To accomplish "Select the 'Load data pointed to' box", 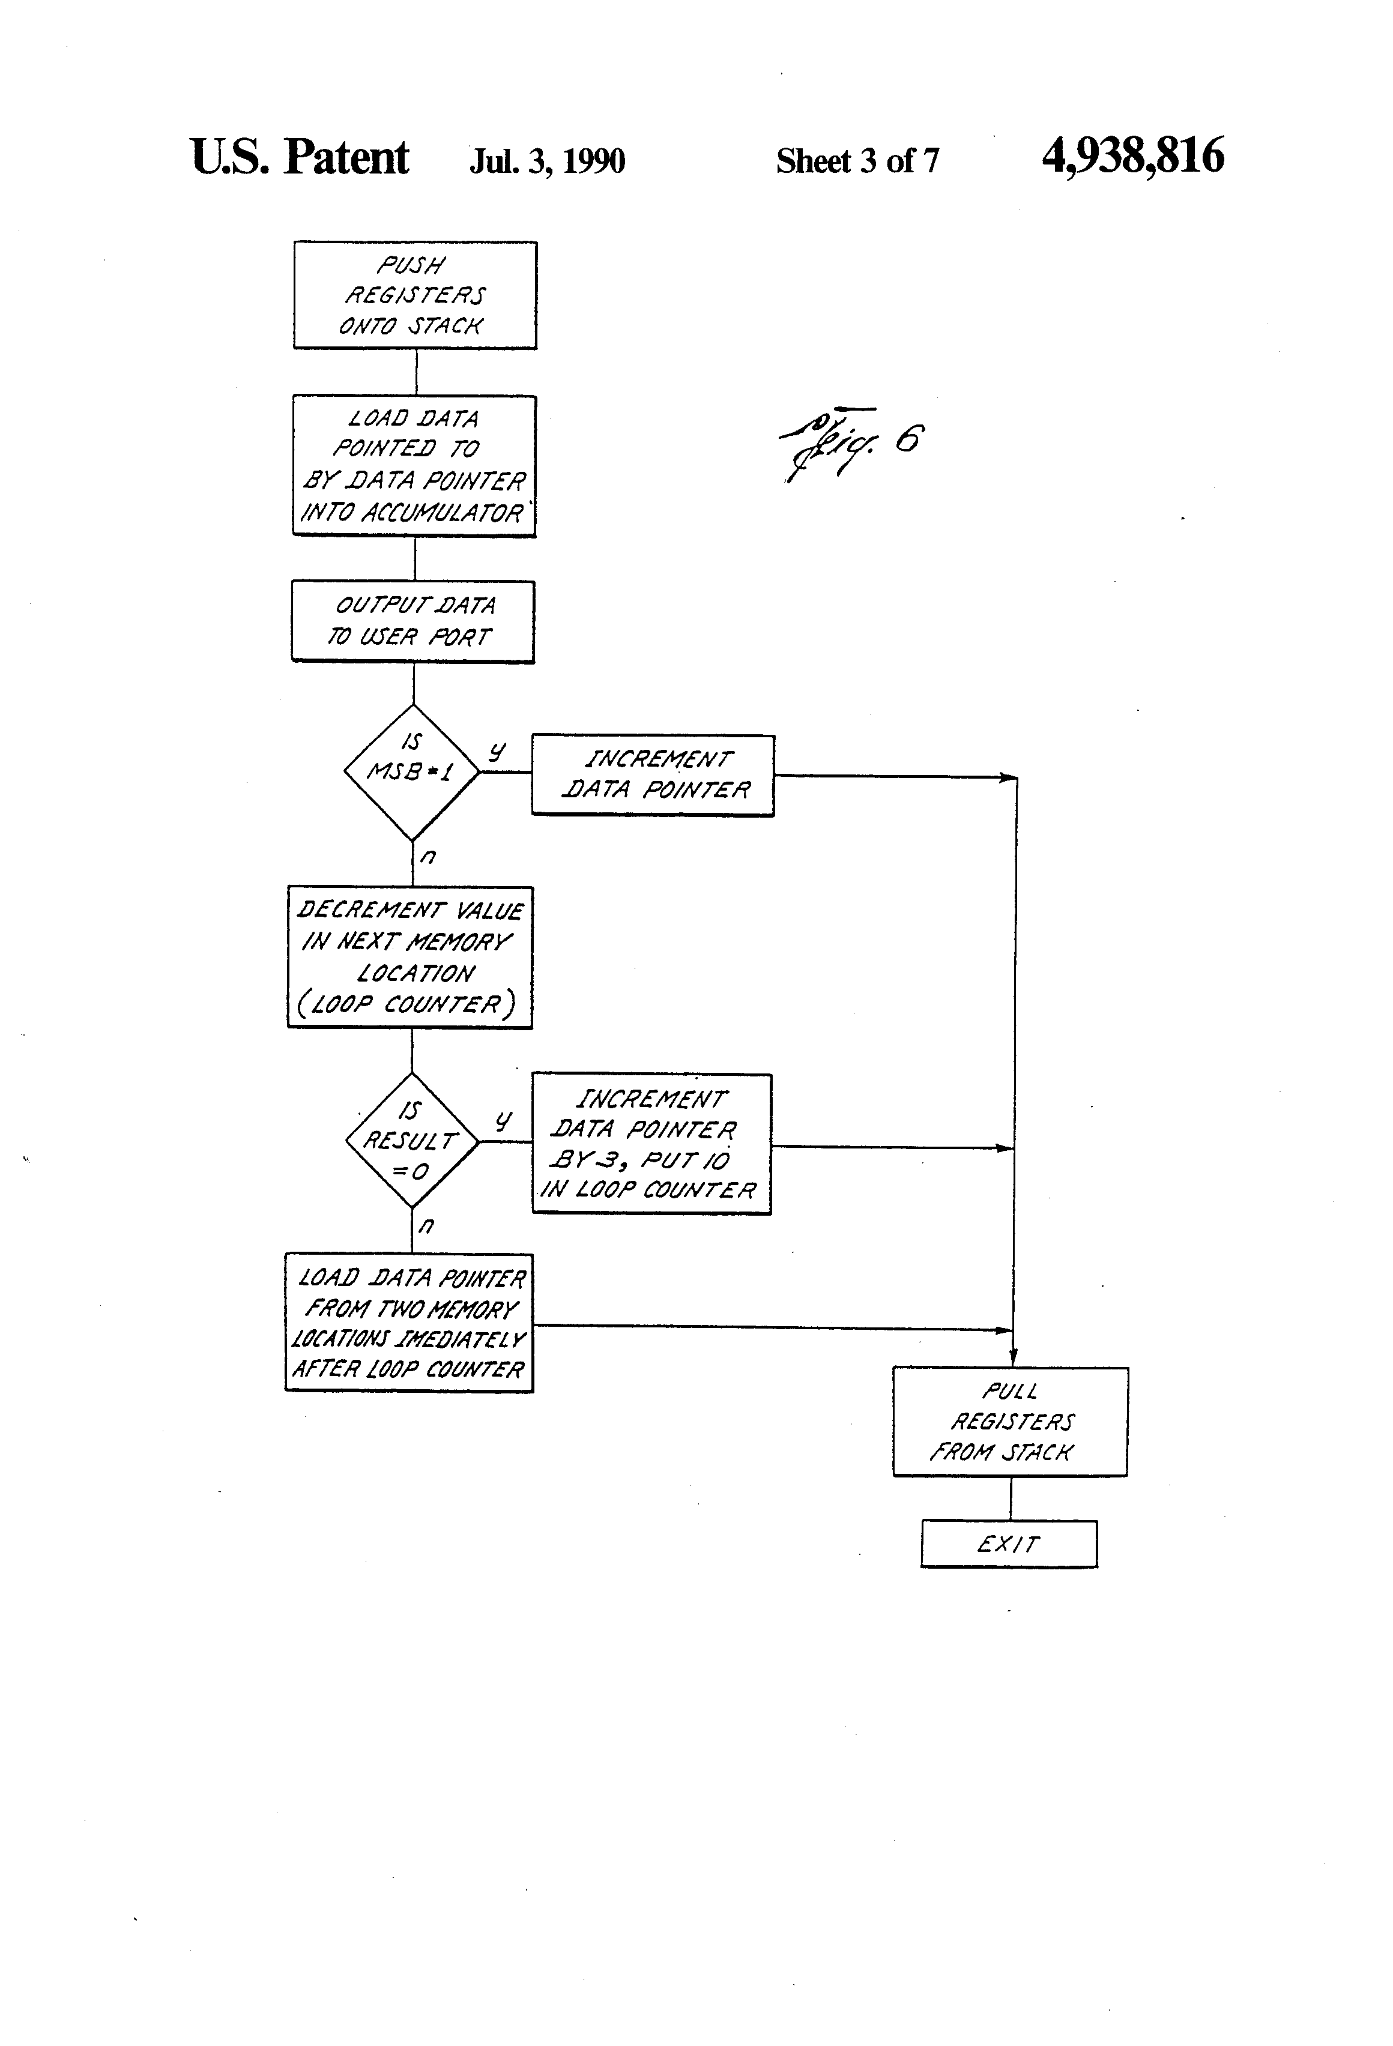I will [x=414, y=466].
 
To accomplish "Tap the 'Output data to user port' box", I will [x=413, y=621].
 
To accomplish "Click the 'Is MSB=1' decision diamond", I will [x=412, y=771].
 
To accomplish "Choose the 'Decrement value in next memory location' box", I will [x=410, y=957].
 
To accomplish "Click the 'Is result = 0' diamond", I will [x=412, y=1140].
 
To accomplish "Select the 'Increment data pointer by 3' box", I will [x=651, y=1144].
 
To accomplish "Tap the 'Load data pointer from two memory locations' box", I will [x=409, y=1323].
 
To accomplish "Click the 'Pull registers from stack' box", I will [x=1010, y=1422].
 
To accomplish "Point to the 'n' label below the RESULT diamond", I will [x=426, y=1225].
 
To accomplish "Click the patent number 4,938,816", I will [x=1132, y=156].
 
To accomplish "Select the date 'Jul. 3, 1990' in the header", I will [x=547, y=161].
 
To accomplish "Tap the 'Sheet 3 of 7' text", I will [x=857, y=161].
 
